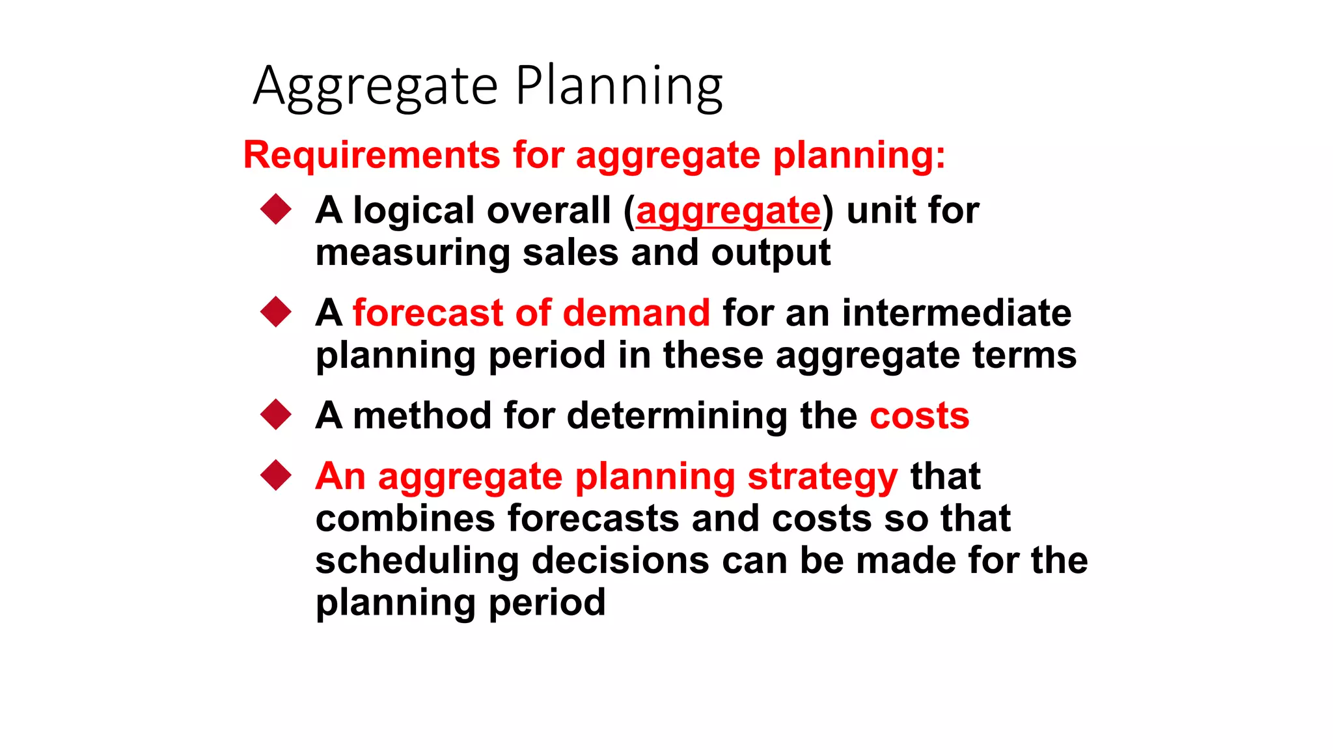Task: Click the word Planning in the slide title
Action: point(618,87)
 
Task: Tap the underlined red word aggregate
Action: point(728,212)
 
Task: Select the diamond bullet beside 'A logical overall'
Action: point(276,210)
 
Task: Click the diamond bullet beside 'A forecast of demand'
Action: point(276,312)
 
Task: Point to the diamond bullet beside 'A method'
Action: point(276,415)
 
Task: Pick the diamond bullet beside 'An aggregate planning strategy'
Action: point(276,475)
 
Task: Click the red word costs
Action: point(919,416)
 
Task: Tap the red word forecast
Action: point(428,313)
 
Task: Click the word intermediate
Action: point(956,313)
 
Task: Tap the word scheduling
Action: point(417,561)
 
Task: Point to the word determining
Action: point(677,416)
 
